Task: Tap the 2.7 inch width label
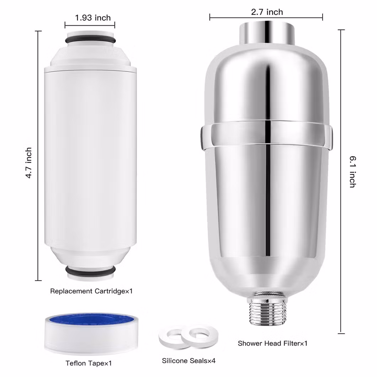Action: (267, 12)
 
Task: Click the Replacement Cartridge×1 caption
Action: (91, 291)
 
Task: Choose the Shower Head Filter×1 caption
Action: (272, 343)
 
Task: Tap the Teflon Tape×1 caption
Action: (89, 363)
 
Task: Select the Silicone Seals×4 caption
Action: (189, 361)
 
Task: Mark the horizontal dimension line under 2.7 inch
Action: (266, 17)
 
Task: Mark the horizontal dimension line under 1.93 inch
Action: (90, 25)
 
